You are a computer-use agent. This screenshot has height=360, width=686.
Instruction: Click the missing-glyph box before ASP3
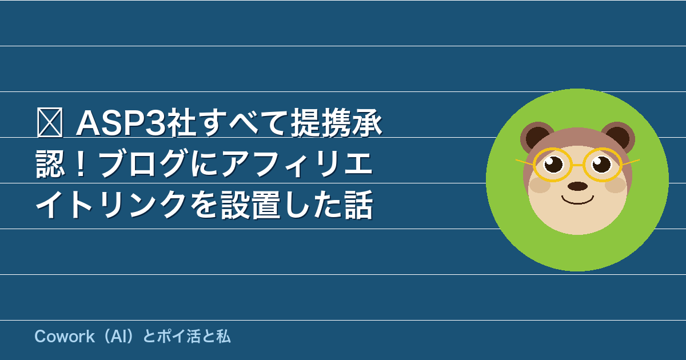click(x=50, y=122)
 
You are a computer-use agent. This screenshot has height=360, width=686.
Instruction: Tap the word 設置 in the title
click(x=250, y=205)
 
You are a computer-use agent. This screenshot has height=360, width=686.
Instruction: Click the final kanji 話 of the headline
click(x=358, y=205)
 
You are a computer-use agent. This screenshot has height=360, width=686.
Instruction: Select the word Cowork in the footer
click(x=65, y=337)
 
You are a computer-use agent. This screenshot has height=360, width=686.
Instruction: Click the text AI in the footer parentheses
click(x=118, y=337)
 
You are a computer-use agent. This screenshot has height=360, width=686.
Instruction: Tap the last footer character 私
click(x=224, y=337)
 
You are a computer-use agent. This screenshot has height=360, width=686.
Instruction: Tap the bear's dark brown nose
click(x=577, y=186)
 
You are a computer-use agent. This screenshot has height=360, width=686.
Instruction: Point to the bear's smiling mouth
click(x=577, y=201)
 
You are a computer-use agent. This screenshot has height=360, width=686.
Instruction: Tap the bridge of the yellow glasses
click(x=577, y=165)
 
